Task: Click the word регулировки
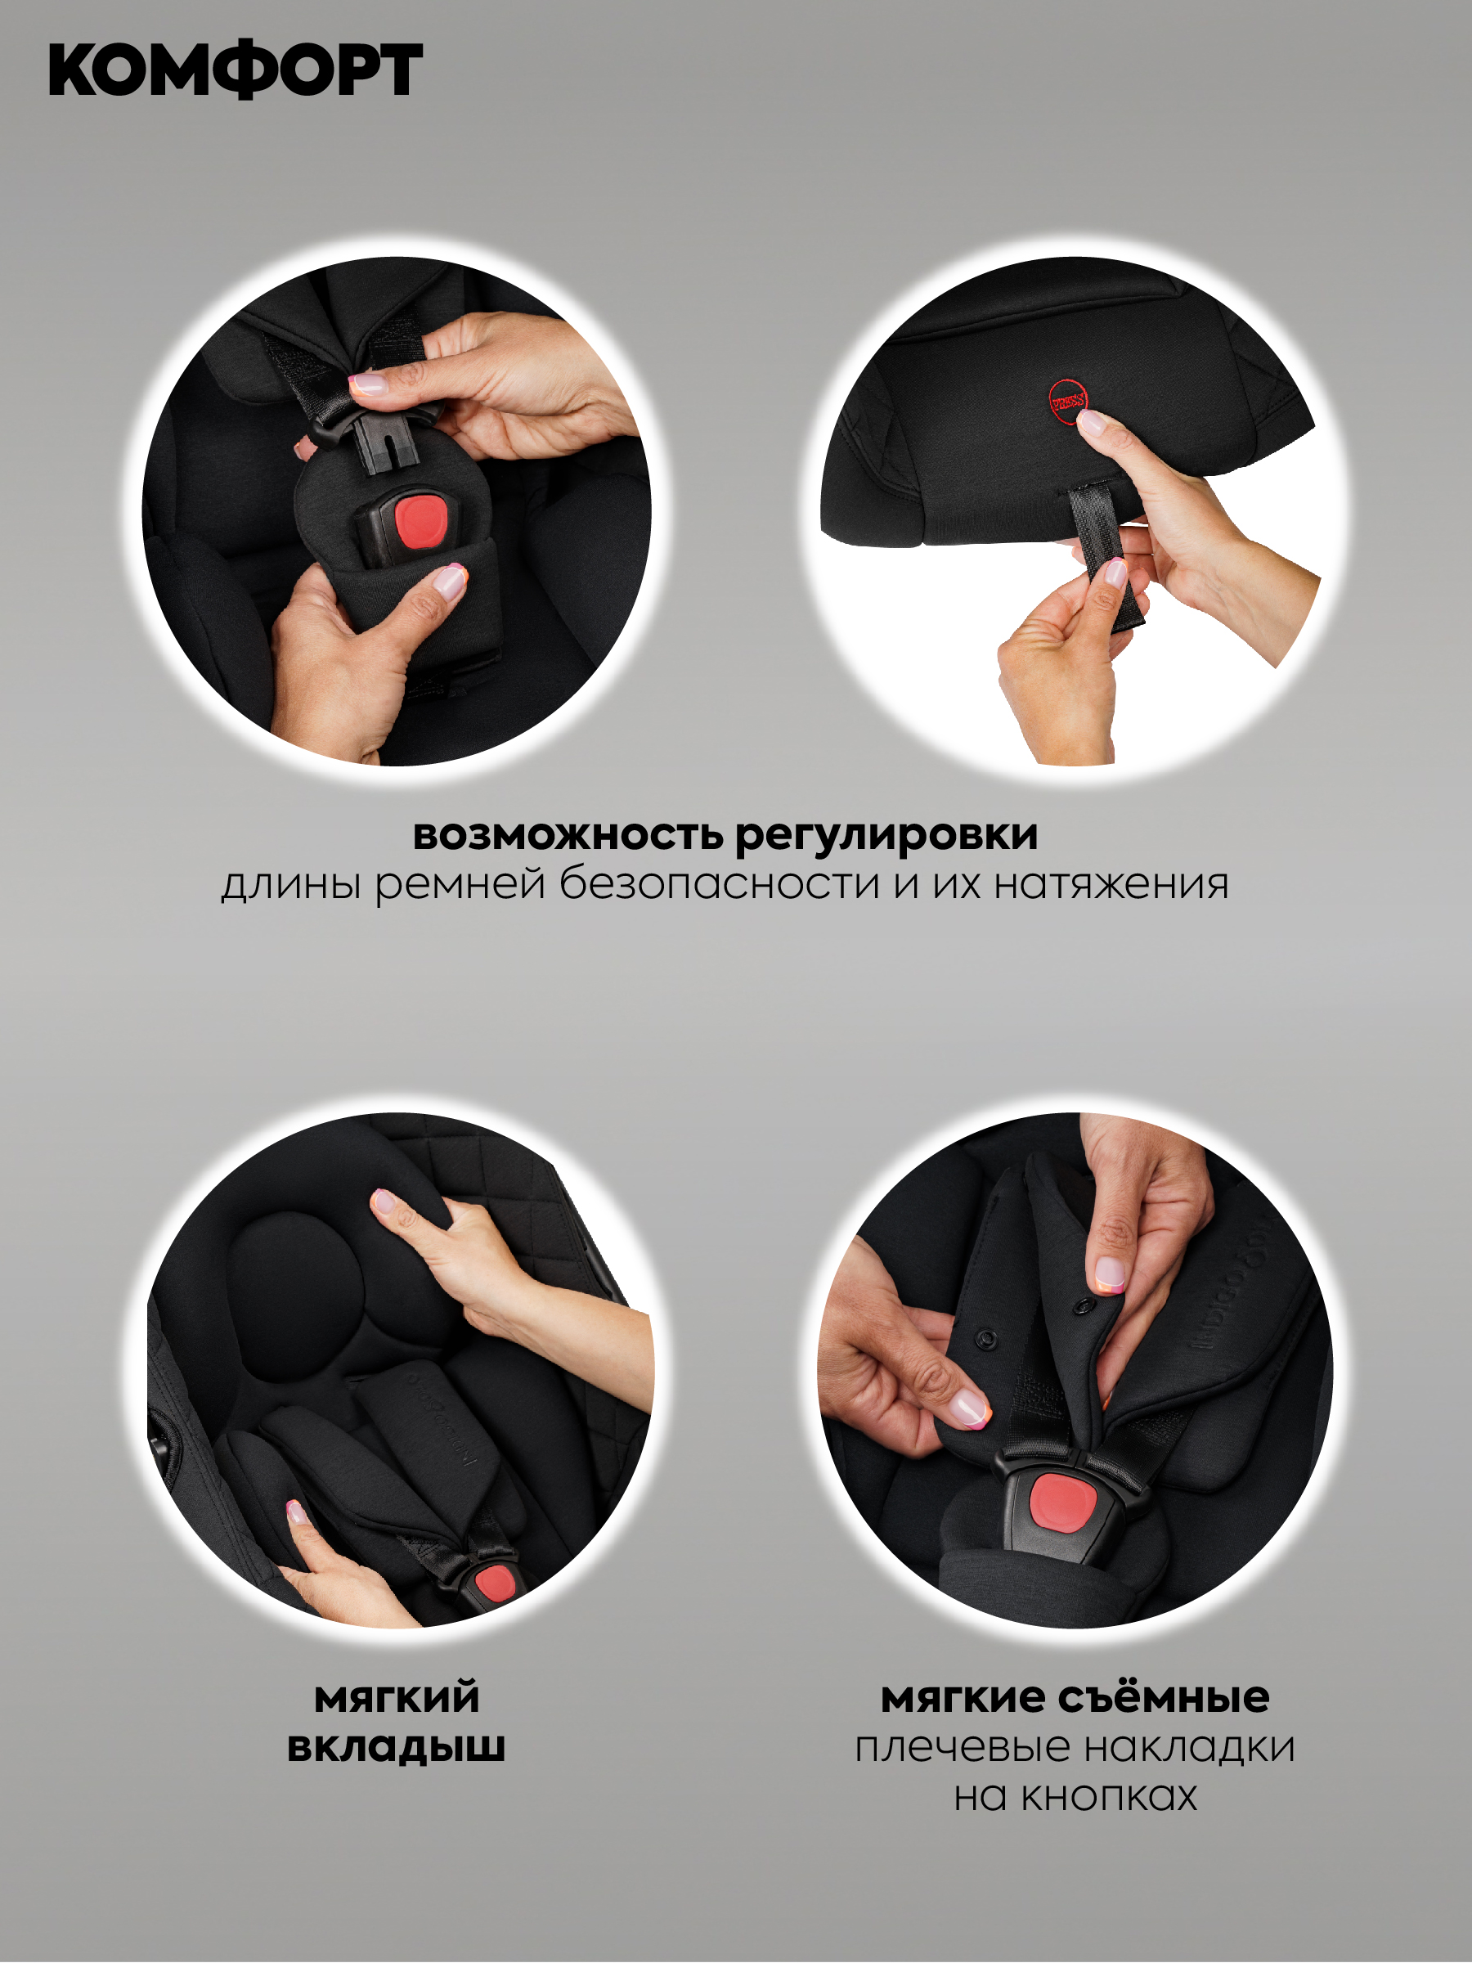(x=886, y=836)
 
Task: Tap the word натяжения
(x=1111, y=885)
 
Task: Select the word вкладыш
(x=396, y=1746)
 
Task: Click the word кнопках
(x=1109, y=1795)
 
